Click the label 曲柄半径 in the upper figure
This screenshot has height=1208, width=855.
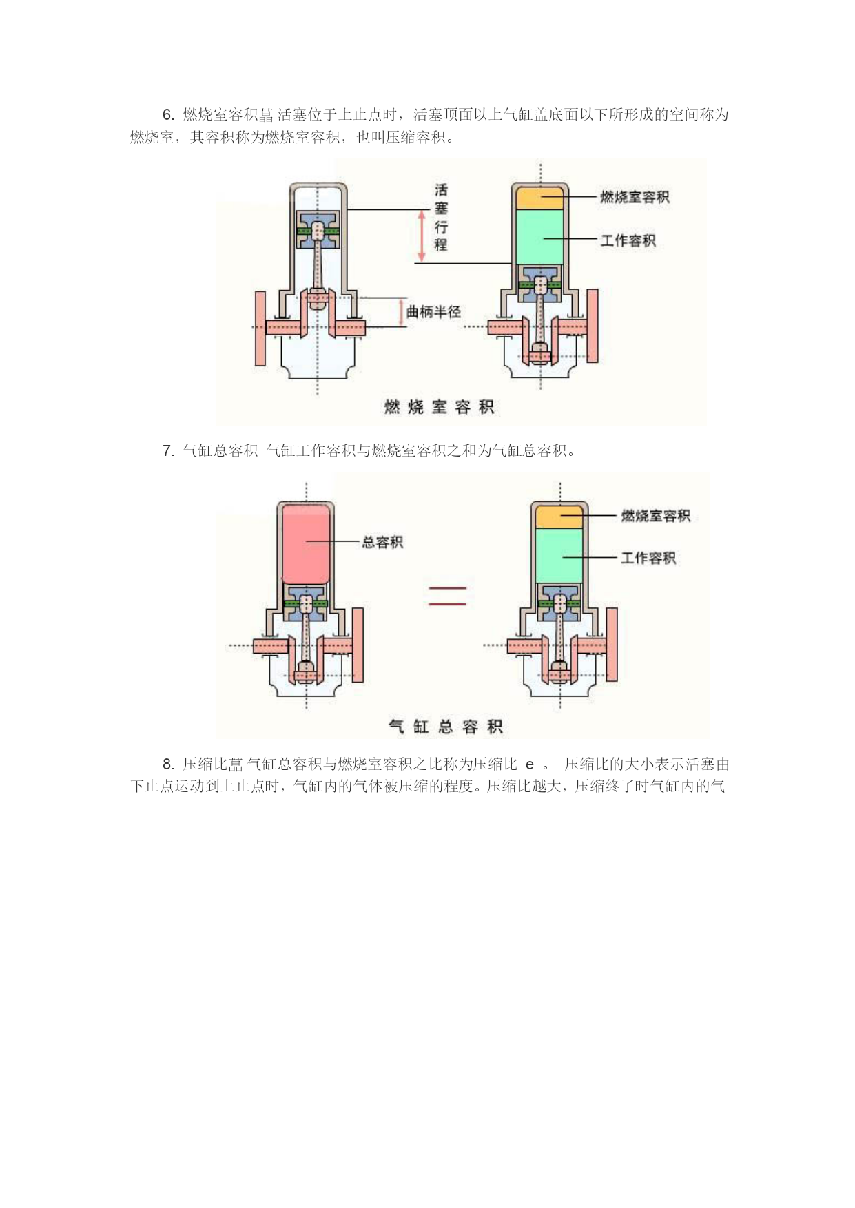433,312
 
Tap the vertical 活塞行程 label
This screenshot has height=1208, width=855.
441,217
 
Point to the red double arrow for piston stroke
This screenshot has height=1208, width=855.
422,236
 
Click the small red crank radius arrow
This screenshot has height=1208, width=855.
402,312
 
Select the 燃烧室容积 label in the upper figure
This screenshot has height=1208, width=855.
635,197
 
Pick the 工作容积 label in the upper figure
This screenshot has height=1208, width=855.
628,240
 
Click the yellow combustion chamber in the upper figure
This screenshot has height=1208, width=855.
540,197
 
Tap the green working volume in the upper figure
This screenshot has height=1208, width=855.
540,236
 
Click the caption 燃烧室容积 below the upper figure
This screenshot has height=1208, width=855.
439,407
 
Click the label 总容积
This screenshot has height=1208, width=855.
382,542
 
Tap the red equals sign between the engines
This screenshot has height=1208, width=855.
448,596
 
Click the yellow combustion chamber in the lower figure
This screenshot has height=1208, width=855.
559,517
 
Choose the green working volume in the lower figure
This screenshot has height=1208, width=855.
559,556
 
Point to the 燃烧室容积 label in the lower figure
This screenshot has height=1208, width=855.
655,516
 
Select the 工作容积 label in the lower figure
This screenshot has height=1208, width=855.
648,558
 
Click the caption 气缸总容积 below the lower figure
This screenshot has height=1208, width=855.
446,727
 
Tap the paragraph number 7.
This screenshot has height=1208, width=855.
168,451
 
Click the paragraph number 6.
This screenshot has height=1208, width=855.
168,115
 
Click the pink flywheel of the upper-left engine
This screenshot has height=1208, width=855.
260,328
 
